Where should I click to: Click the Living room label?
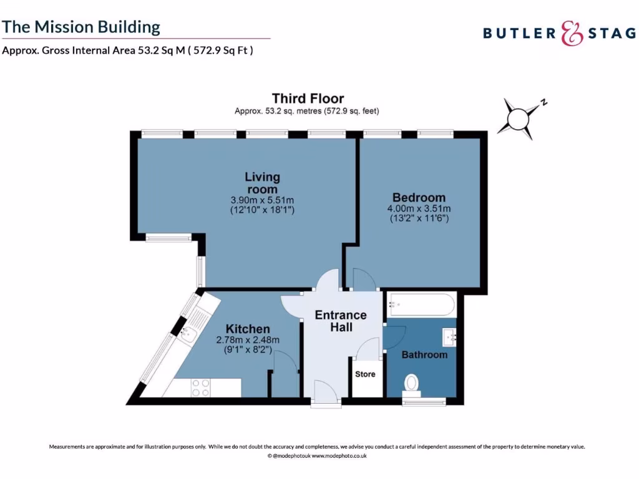click(x=262, y=183)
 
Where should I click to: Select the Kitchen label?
click(x=248, y=329)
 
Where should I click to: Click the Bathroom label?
click(x=424, y=355)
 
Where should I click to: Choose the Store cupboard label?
click(x=366, y=374)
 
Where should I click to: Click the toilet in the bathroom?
click(x=412, y=382)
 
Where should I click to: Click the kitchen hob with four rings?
click(x=200, y=387)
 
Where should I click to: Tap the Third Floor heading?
click(x=308, y=99)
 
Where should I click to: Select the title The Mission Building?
click(x=82, y=27)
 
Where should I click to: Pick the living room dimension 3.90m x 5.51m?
click(x=262, y=200)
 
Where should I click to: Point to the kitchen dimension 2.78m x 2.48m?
click(x=248, y=340)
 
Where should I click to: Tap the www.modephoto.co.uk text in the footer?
click(x=339, y=456)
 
